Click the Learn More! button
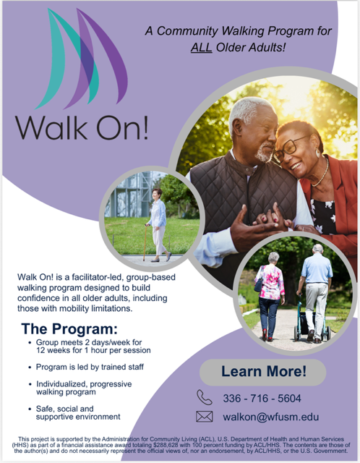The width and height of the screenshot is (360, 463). [x=263, y=372]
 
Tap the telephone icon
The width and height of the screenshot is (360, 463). [x=205, y=397]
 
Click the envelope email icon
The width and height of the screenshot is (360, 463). [x=205, y=417]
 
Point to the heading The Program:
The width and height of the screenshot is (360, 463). [x=69, y=329]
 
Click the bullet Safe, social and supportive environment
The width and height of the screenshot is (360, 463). [x=77, y=412]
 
